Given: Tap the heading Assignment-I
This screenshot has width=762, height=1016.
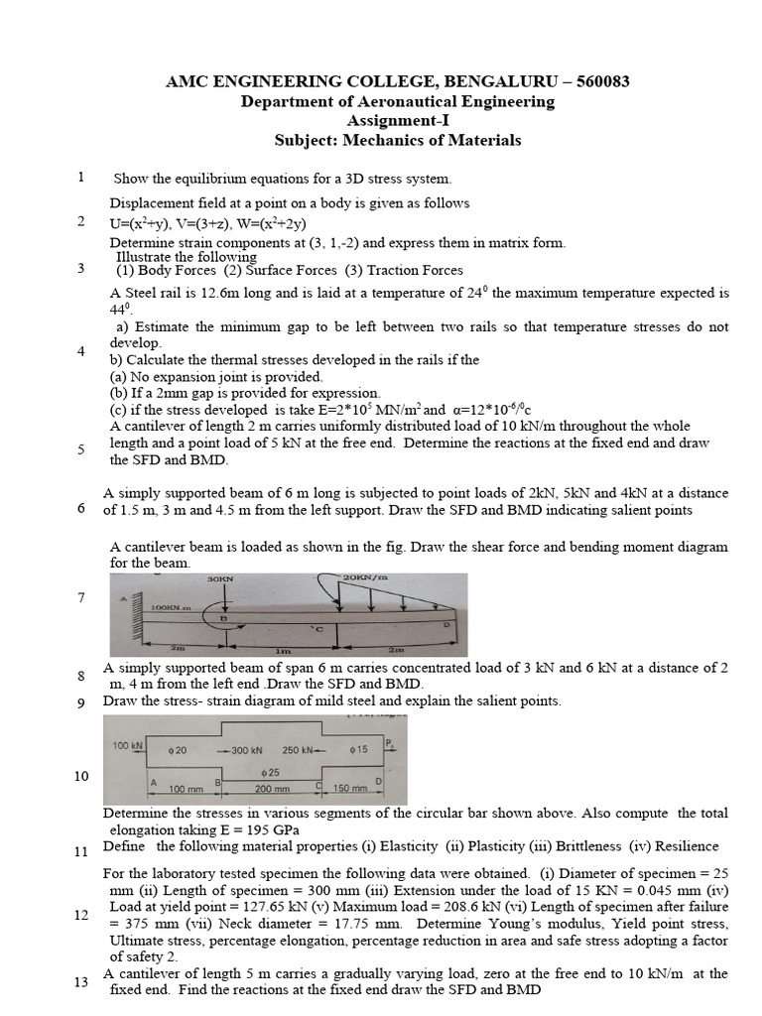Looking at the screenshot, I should coord(397,121).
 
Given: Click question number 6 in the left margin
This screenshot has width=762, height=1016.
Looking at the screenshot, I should coord(80,509).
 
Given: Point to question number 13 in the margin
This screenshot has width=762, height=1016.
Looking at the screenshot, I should coord(81,983).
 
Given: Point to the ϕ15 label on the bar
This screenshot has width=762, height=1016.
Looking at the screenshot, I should coord(358,750).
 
